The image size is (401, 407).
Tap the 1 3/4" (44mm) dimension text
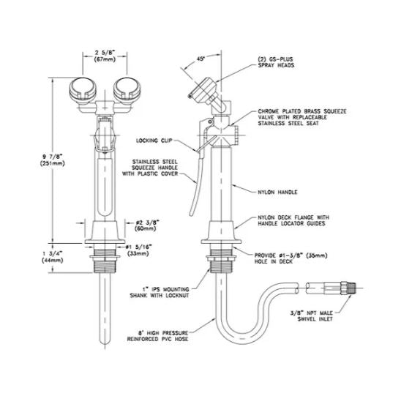34,256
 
